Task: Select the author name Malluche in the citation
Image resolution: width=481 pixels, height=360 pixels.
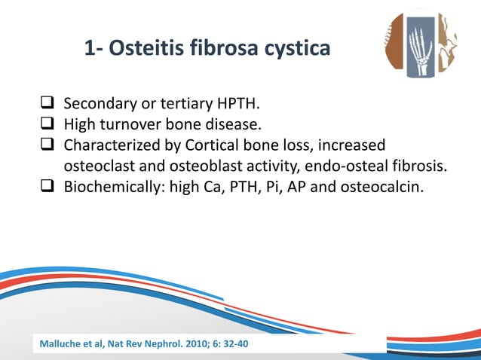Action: (63, 345)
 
